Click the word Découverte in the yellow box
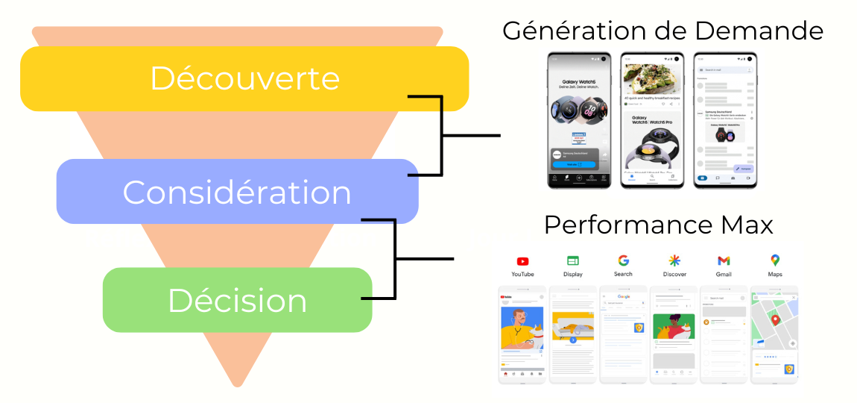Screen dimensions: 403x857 point(244,78)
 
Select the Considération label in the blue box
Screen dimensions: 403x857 point(237,193)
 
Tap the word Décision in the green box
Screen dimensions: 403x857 point(237,300)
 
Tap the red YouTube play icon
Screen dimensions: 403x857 point(522,261)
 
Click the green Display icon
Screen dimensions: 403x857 point(573,260)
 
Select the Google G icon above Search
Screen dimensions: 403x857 point(623,260)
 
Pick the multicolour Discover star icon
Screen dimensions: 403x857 point(674,260)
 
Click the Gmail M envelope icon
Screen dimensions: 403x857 point(724,260)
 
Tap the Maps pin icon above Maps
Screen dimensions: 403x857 point(775,260)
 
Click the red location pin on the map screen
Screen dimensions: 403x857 point(775,321)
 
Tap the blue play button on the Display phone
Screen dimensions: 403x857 point(573,340)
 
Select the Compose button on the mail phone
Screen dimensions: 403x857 point(742,169)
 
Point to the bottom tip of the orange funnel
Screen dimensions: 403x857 point(238,384)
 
